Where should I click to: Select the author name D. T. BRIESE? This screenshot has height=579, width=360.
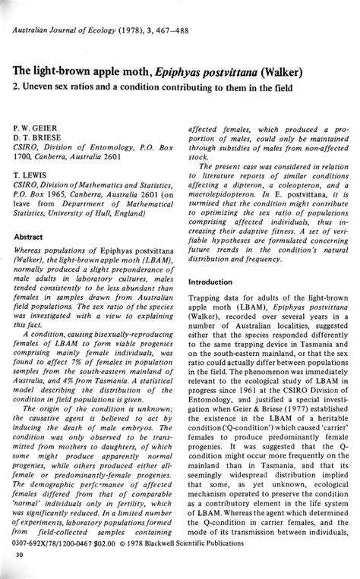tap(38, 130)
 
